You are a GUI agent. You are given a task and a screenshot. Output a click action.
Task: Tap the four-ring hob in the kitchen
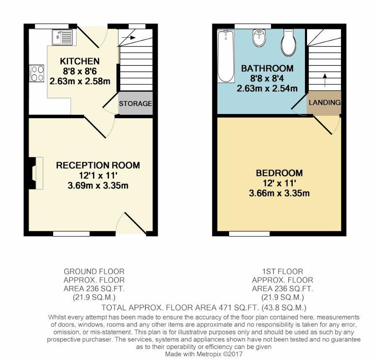(36, 73)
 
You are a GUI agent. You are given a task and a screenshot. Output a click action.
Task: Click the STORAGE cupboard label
(135, 103)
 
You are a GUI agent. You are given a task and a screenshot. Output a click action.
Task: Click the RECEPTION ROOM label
(98, 165)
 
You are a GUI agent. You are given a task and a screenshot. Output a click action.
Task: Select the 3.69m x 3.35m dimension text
(98, 185)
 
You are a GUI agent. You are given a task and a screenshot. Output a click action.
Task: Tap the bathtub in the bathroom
(226, 56)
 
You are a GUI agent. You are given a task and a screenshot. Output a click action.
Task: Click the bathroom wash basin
(259, 39)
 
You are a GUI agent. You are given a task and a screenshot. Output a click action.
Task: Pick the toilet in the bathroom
(288, 42)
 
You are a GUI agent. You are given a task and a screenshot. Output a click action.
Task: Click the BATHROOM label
(267, 68)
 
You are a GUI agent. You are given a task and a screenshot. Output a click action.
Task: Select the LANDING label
(325, 102)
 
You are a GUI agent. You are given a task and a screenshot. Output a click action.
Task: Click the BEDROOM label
(279, 173)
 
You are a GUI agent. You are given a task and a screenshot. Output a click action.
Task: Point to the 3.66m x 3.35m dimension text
(279, 193)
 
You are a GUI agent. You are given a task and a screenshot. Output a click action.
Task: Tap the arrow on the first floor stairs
(325, 80)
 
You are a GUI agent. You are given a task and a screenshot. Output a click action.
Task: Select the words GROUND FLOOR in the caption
(94, 272)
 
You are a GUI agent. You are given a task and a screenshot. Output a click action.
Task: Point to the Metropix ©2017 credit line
(204, 354)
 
